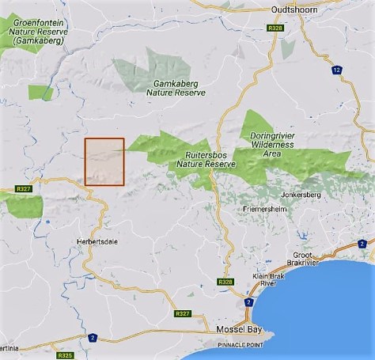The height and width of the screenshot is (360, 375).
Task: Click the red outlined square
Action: (104, 161)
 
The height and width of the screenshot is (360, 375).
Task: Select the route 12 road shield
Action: (339, 70)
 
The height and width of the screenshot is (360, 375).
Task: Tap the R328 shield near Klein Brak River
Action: (226, 282)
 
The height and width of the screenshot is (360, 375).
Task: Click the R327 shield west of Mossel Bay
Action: (182, 313)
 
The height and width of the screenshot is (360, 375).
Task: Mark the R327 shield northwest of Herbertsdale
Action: (23, 190)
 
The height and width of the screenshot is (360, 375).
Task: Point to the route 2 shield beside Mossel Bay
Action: (248, 303)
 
